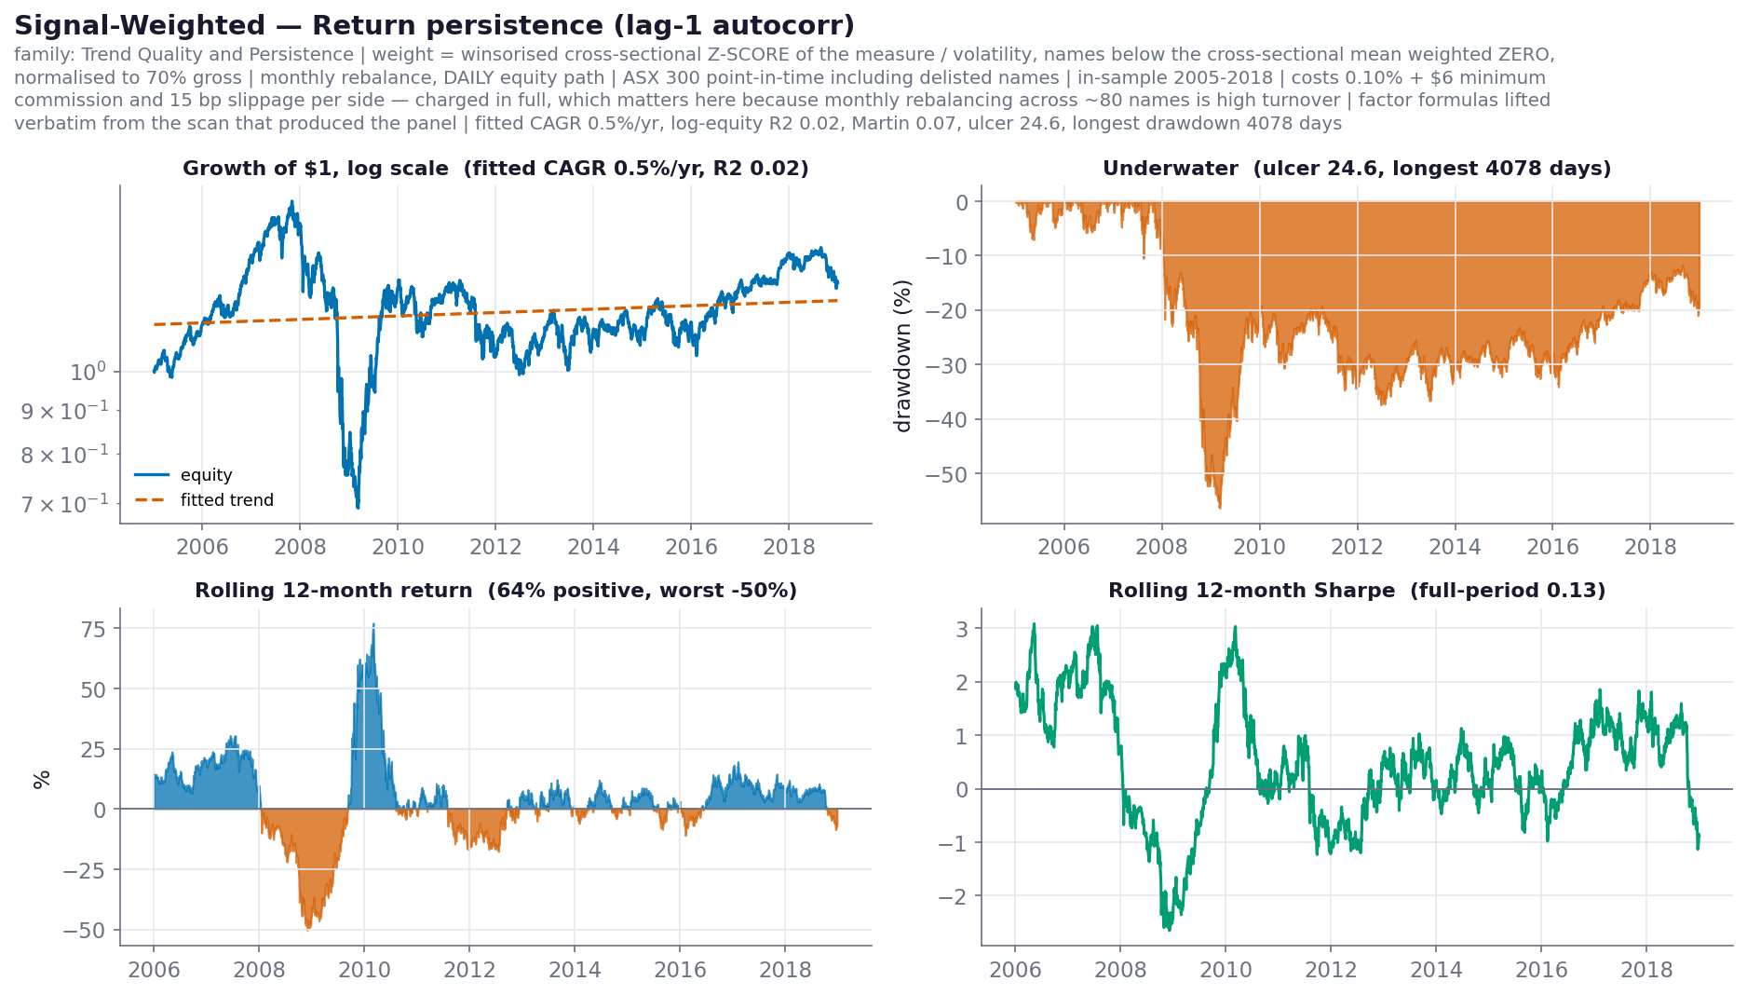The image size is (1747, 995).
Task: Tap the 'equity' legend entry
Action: (x=206, y=475)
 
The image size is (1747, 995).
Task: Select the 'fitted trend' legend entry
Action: (x=226, y=500)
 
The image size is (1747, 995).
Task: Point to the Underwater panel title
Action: (x=1357, y=169)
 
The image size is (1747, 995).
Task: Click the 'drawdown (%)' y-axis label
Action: (x=902, y=355)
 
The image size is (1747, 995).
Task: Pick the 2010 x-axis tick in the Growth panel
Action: (x=398, y=547)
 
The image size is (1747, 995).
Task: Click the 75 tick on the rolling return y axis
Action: (x=93, y=629)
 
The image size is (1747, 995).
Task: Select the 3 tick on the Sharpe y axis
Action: (x=963, y=629)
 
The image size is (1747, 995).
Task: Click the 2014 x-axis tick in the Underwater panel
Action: (x=1455, y=547)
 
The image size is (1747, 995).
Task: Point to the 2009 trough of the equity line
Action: (x=358, y=507)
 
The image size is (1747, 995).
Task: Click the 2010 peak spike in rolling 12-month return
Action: (x=373, y=624)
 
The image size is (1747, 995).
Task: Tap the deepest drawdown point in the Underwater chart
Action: (x=1220, y=508)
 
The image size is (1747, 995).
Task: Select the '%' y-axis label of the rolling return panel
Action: (x=42, y=780)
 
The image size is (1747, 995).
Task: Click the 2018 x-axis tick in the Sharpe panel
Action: (x=1646, y=970)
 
